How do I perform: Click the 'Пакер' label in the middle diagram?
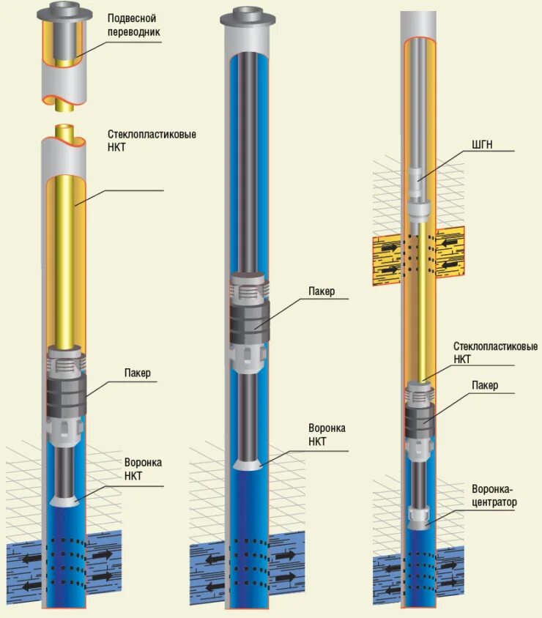(321, 291)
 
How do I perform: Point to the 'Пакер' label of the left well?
(137, 373)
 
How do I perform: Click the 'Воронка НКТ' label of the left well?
(143, 469)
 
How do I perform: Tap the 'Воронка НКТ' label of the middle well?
(327, 434)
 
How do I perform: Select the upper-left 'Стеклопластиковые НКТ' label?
(152, 141)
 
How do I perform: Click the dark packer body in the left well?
(67, 396)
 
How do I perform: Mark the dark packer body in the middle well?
(250, 321)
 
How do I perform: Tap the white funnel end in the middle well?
(249, 465)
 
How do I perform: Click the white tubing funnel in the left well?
(67, 501)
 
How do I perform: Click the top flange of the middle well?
(248, 18)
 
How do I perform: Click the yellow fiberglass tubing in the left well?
(66, 256)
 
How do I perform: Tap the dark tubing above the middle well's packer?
(249, 161)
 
